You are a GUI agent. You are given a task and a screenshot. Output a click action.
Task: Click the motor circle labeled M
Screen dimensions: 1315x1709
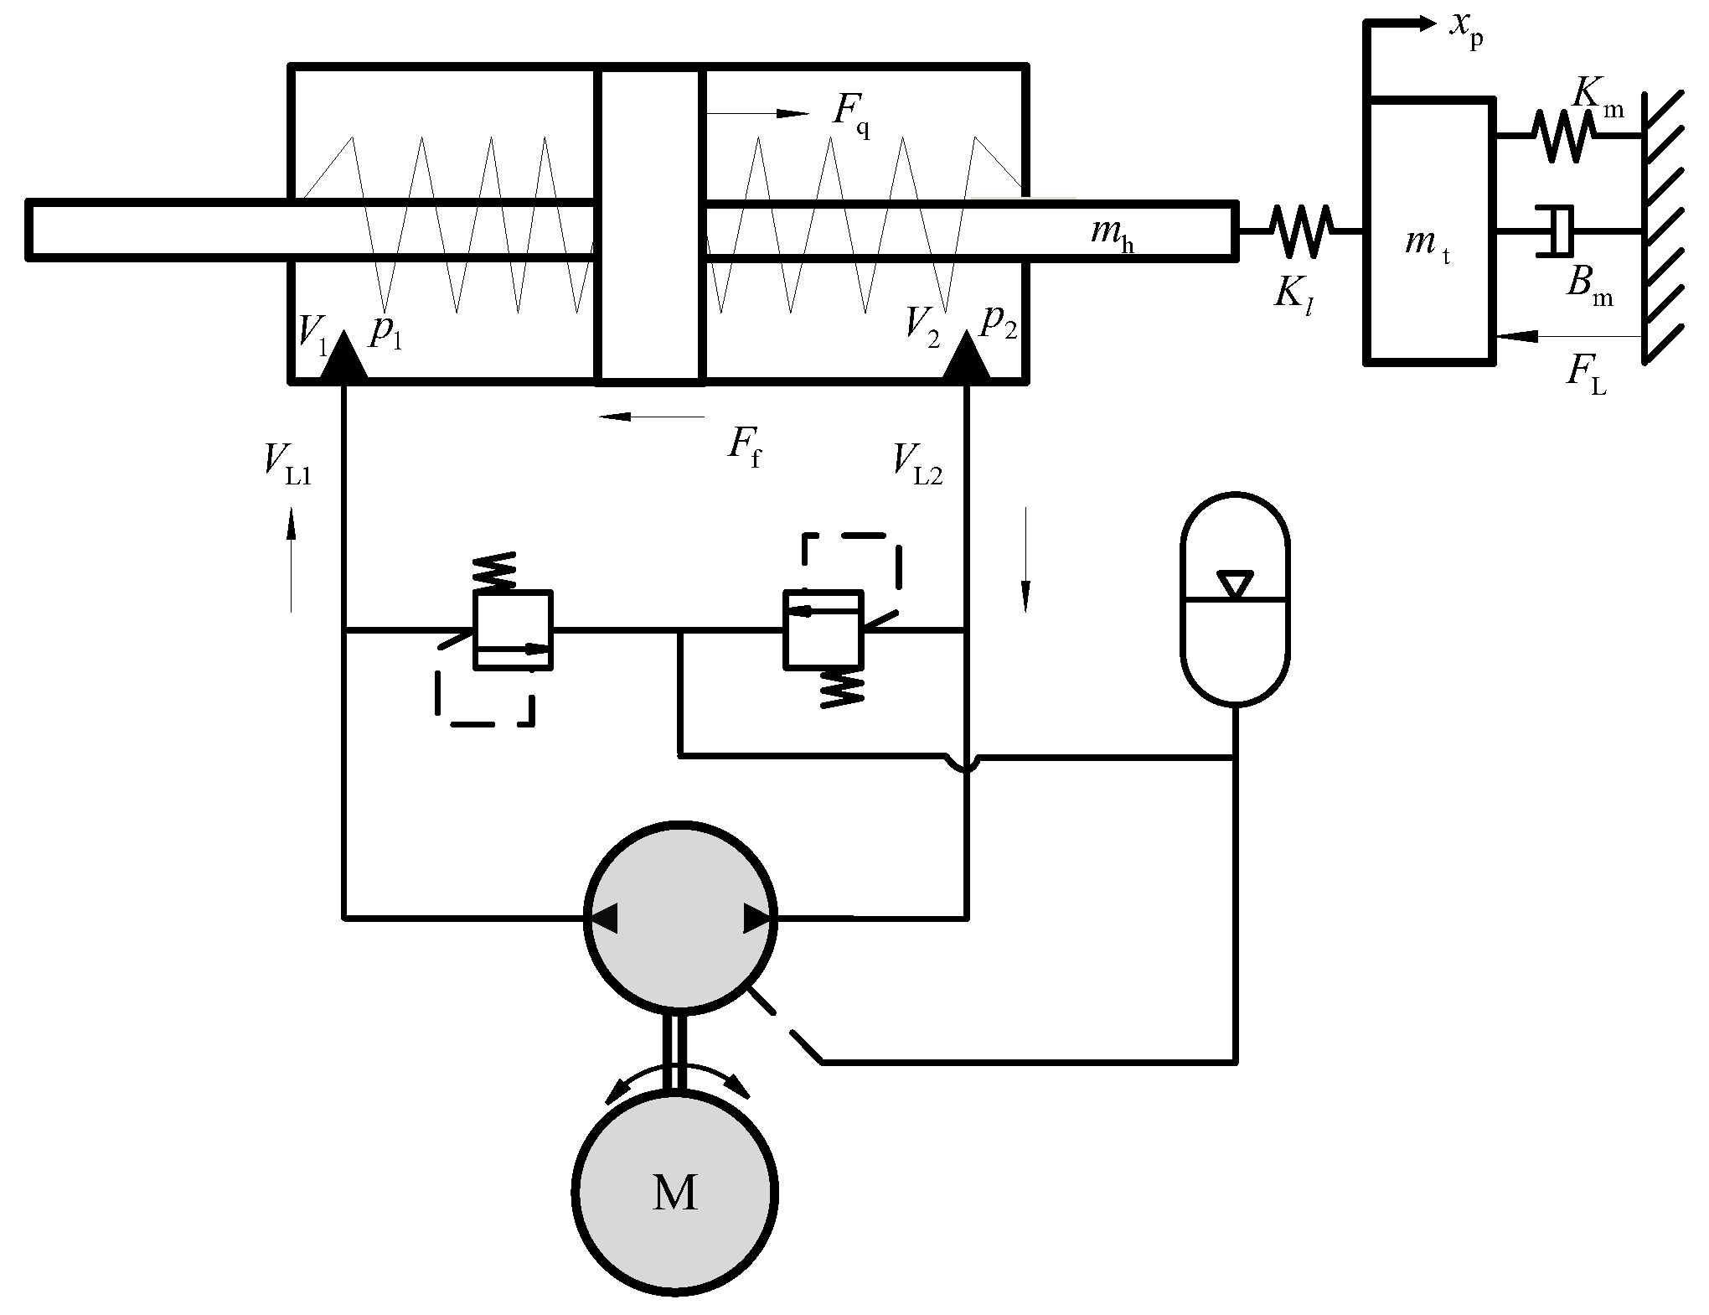click(675, 1192)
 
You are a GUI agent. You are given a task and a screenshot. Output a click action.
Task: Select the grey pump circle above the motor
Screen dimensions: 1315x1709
click(679, 919)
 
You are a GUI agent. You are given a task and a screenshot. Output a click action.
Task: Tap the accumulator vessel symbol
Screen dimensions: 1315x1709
click(1234, 598)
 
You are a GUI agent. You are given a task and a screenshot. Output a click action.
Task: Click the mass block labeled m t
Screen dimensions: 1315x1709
click(1429, 231)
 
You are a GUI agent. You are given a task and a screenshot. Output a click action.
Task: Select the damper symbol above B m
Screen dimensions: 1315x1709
click(1555, 230)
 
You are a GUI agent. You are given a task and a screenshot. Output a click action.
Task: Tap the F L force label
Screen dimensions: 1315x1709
click(1587, 370)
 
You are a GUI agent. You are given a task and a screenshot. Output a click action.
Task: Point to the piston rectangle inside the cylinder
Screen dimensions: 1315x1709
click(650, 225)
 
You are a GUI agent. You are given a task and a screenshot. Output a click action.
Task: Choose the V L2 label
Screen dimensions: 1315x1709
click(917, 462)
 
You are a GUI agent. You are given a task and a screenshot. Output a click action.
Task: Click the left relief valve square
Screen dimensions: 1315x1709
click(513, 629)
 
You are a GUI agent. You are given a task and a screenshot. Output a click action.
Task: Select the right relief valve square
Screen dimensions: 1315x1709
click(823, 629)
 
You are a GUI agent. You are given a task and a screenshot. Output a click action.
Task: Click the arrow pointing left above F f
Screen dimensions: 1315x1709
click(652, 417)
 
